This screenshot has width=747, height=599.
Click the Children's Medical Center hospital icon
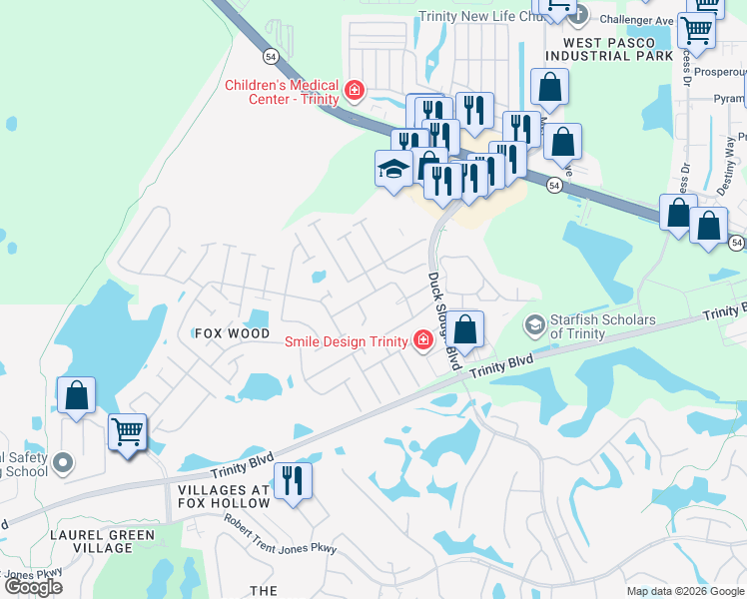coord(354,92)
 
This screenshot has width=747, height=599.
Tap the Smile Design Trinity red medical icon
coord(423,341)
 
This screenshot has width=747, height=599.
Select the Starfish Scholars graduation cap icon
coord(534,325)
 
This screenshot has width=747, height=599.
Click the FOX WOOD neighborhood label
coord(232,332)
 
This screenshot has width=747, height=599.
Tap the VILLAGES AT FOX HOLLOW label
coord(224,496)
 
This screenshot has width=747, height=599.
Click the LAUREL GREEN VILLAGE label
coord(102,542)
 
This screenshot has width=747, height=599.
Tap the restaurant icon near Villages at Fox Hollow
coord(293,481)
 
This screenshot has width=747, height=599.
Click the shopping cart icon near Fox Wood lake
coord(127,433)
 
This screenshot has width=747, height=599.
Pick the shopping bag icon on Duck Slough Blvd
coord(464,330)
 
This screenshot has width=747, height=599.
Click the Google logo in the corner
coord(33,587)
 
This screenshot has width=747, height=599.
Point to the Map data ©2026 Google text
coord(685,591)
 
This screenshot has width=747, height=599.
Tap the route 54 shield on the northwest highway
coord(270,57)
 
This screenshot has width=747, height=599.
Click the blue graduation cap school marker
coord(393,169)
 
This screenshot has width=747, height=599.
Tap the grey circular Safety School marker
coord(64,462)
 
